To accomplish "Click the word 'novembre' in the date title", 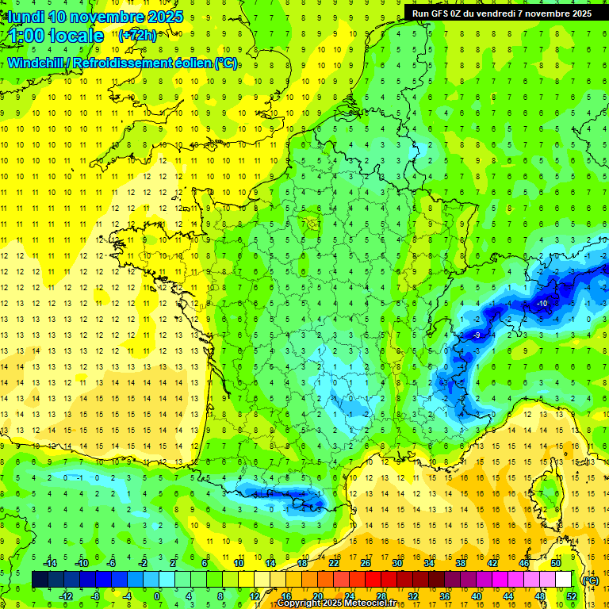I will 106,17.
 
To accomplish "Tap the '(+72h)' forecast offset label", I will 137,35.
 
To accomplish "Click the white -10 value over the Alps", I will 542,304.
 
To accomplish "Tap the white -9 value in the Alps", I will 477,335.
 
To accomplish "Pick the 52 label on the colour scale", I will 572,596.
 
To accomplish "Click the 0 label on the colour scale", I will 157,596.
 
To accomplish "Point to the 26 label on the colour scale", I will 366,563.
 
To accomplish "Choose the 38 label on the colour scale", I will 461,563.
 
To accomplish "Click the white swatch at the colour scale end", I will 564,580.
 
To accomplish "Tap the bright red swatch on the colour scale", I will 373,580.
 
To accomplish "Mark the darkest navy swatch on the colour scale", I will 40,580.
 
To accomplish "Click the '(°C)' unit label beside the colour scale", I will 590,580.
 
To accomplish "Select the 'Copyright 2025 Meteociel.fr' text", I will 336,603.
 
